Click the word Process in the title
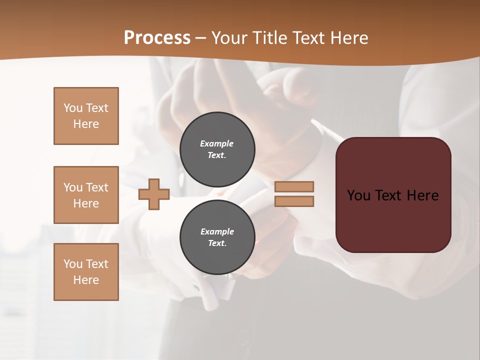pyautogui.click(x=157, y=38)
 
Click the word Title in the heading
pyautogui.click(x=269, y=38)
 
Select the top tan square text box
pyautogui.click(x=86, y=116)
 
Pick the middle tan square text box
pyautogui.click(x=86, y=195)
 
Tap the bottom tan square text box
pyautogui.click(x=86, y=272)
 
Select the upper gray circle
pyautogui.click(x=217, y=149)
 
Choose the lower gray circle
pyautogui.click(x=217, y=237)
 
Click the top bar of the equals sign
pyautogui.click(x=294, y=186)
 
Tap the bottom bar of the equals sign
pyautogui.click(x=294, y=201)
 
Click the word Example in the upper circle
pyautogui.click(x=217, y=143)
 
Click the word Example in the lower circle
pyautogui.click(x=217, y=231)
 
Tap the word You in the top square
pyautogui.click(x=73, y=108)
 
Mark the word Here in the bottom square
pyautogui.click(x=86, y=280)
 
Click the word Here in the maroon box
pyautogui.click(x=422, y=195)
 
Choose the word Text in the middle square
pyautogui.click(x=96, y=187)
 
